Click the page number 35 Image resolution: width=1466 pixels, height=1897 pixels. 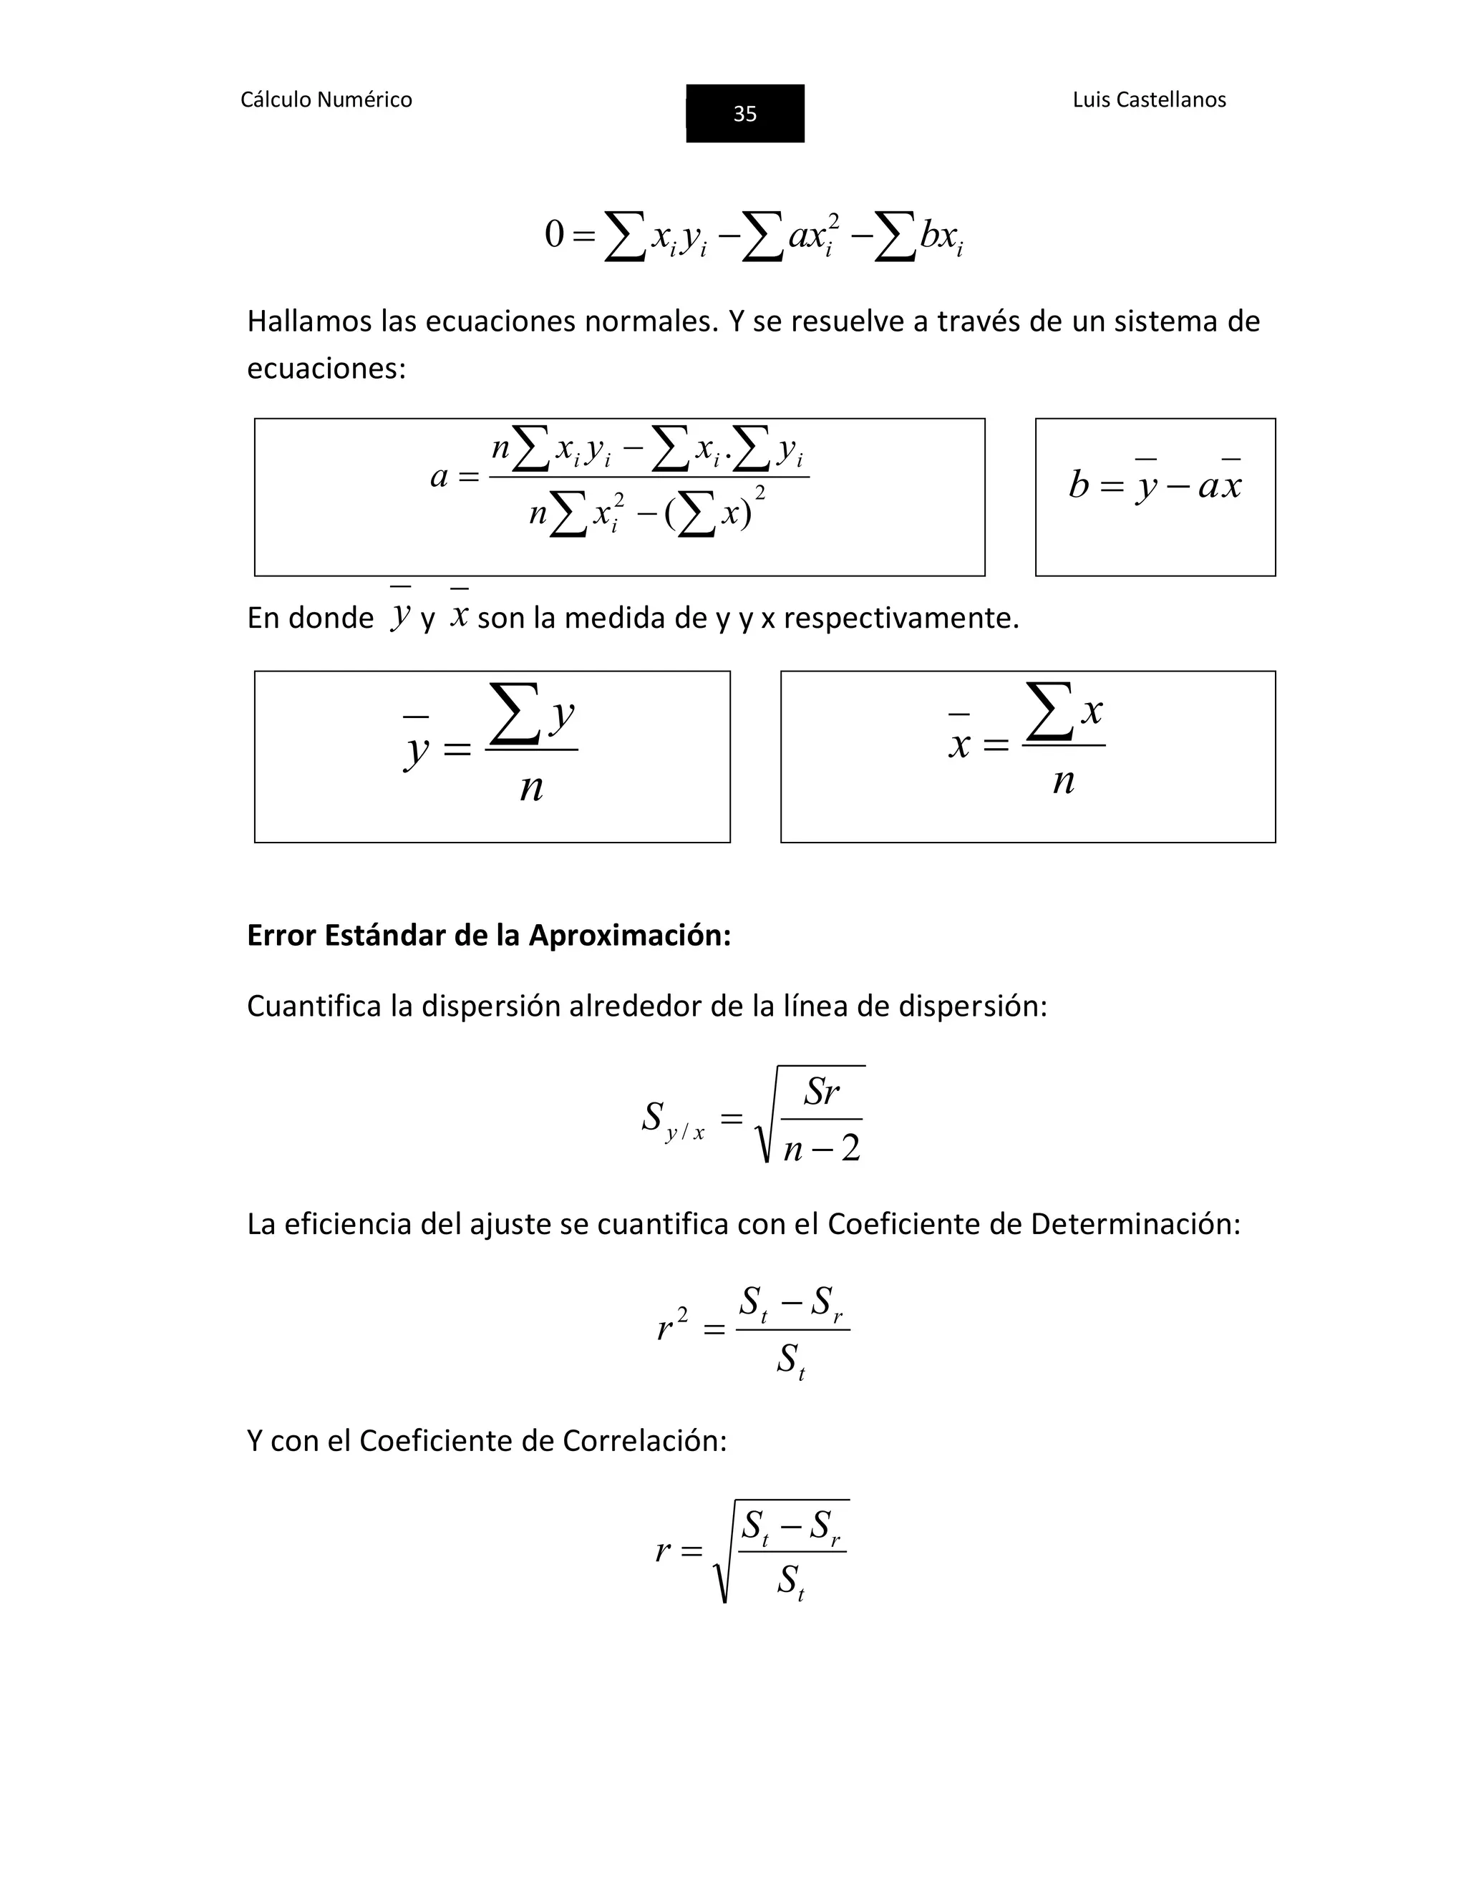coord(744,114)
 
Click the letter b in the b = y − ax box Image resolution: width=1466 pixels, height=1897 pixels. coord(1078,485)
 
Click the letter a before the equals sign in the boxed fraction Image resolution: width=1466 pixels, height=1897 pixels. coord(440,477)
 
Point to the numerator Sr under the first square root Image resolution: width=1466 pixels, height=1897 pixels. coord(821,1092)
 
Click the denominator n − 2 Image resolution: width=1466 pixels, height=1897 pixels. coord(821,1149)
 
